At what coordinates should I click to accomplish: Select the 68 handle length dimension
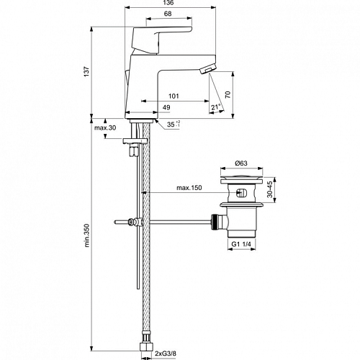pyautogui.click(x=168, y=14)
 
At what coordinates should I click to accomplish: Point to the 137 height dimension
pyautogui.click(x=86, y=71)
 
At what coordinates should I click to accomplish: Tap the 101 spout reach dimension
pyautogui.click(x=174, y=96)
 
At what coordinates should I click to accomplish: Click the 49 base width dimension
pyautogui.click(x=166, y=107)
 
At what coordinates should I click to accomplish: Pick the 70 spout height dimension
pyautogui.click(x=228, y=94)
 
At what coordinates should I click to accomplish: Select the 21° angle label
pyautogui.click(x=216, y=107)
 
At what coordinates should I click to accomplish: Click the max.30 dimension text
pyautogui.click(x=105, y=127)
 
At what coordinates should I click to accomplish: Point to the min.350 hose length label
pyautogui.click(x=86, y=235)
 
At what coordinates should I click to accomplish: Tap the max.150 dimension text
pyautogui.click(x=189, y=188)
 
